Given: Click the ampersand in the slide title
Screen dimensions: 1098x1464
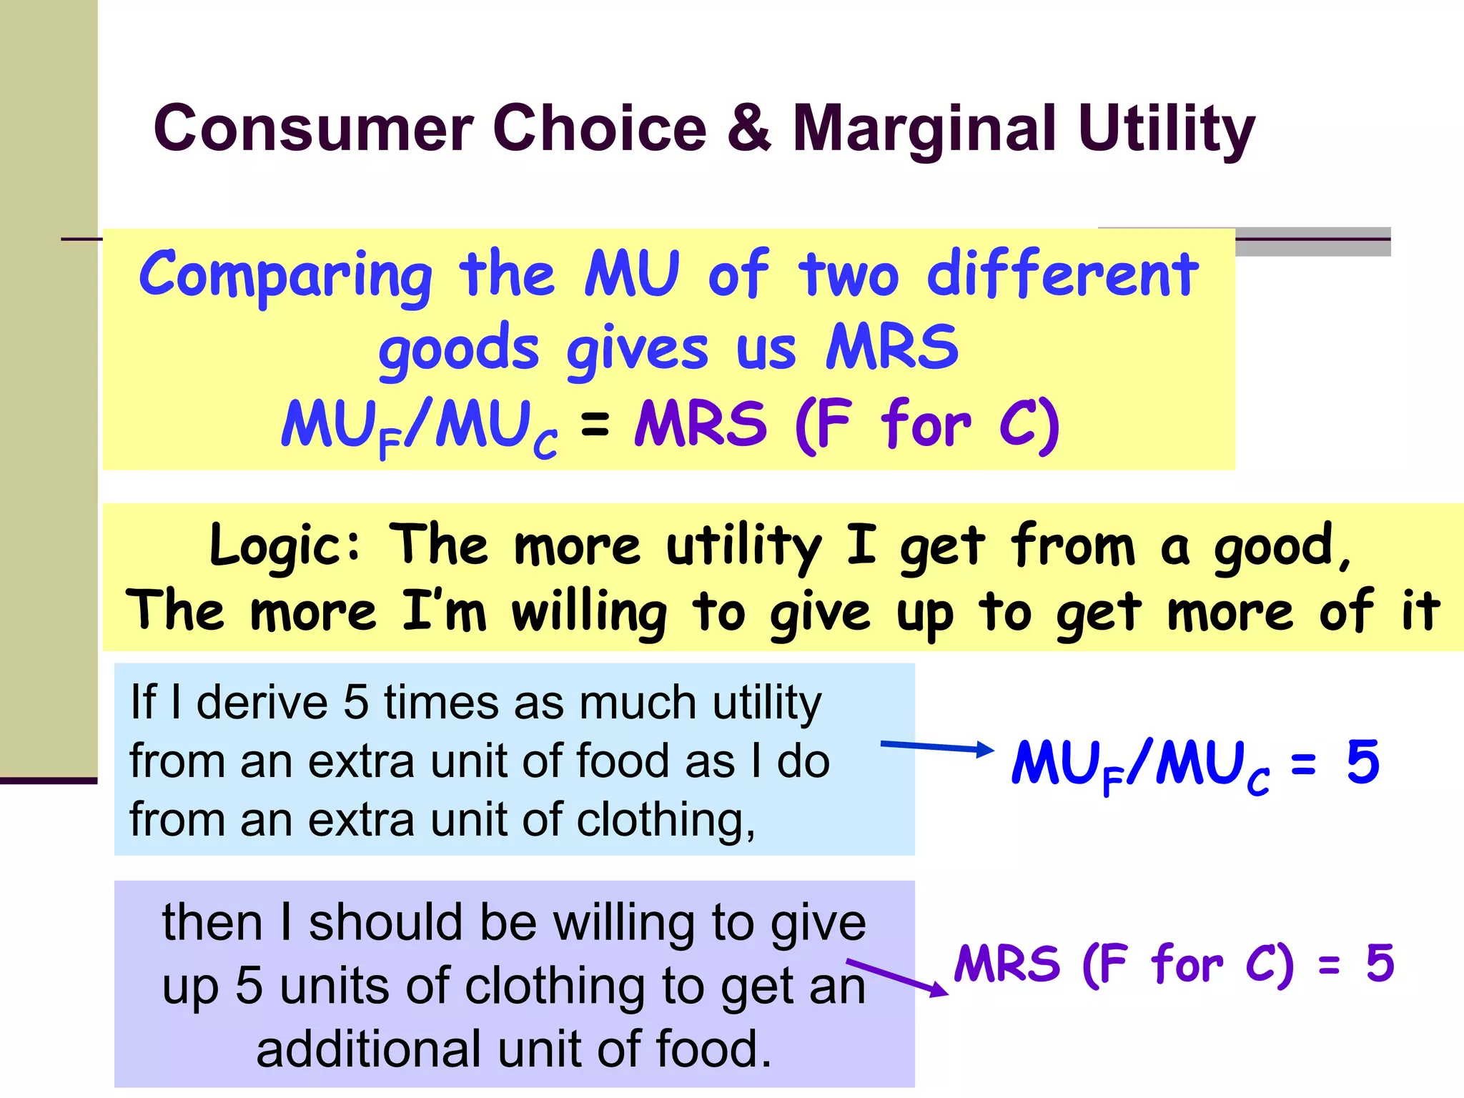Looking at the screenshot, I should (x=749, y=129).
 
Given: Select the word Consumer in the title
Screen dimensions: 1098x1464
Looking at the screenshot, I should (x=313, y=129).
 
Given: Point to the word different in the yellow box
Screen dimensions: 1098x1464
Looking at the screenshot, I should (x=1062, y=275).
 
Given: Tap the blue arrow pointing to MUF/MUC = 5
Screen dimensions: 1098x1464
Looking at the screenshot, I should (x=936, y=748).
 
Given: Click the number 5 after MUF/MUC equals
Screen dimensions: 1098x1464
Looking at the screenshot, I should (x=1362, y=762).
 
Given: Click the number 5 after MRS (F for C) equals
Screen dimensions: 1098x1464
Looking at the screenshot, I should (x=1380, y=963).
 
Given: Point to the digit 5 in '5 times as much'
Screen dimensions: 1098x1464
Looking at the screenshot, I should (x=355, y=702).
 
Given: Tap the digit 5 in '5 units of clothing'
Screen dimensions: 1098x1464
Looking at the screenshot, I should (x=249, y=986).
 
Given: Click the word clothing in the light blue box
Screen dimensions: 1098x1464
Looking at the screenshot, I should (x=665, y=819).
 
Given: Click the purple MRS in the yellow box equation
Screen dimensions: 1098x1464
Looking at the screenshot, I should (x=701, y=424).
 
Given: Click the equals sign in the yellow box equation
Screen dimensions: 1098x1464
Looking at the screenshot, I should (x=595, y=424).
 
